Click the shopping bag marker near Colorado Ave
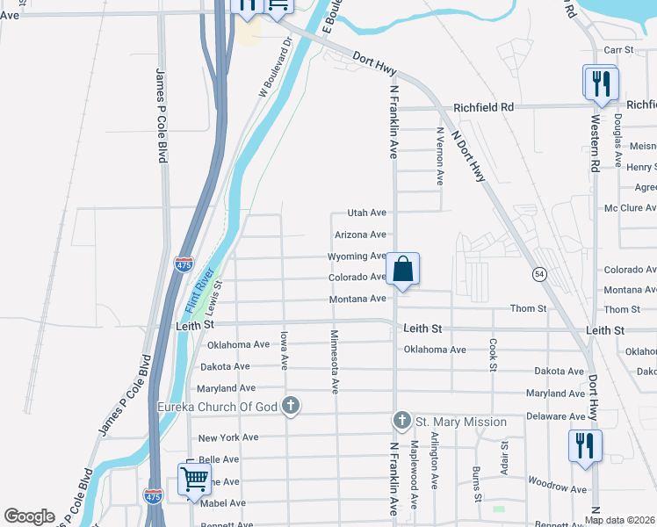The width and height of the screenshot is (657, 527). click(x=402, y=270)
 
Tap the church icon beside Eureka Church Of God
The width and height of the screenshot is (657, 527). click(x=291, y=406)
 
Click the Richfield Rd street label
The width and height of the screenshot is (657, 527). click(x=483, y=107)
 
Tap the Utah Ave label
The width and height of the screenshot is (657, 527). click(x=367, y=213)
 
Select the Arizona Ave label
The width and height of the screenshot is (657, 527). click(x=360, y=235)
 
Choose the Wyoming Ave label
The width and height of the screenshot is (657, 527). click(x=357, y=256)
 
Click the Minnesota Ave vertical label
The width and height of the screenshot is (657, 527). click(x=334, y=360)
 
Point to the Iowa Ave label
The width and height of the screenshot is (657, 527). click(x=283, y=350)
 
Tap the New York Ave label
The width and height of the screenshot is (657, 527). click(x=227, y=437)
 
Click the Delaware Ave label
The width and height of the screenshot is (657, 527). click(x=555, y=416)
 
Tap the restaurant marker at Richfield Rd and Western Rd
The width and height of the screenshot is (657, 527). click(x=600, y=83)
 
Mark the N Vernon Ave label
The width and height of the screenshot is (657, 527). click(x=439, y=155)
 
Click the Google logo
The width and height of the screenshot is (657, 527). click(x=30, y=516)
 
